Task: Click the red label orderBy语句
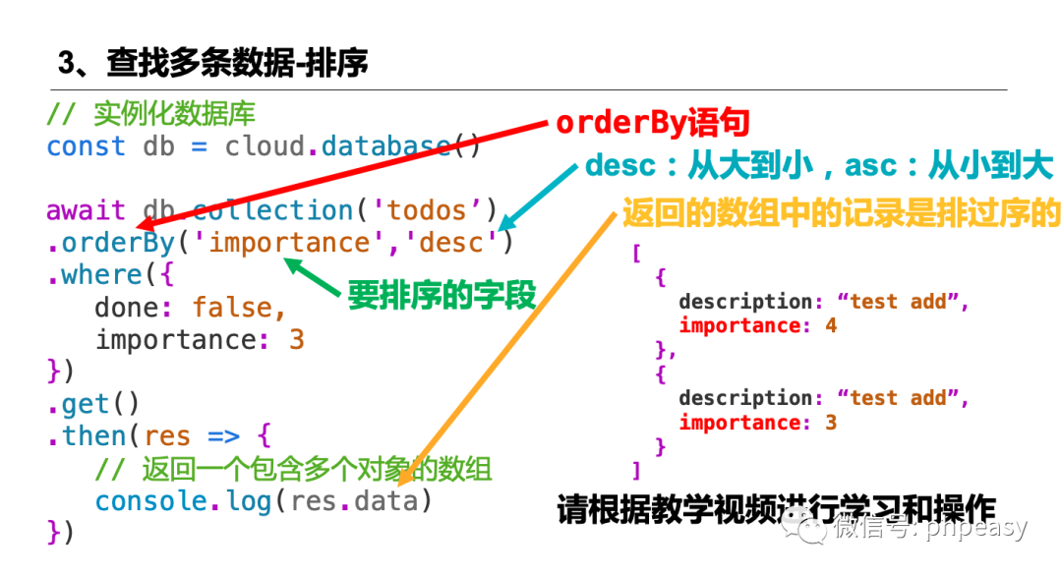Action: pyautogui.click(x=653, y=123)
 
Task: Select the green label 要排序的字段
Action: pyautogui.click(x=442, y=295)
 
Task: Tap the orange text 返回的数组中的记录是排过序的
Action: pyautogui.click(x=841, y=212)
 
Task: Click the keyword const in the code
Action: pyautogui.click(x=86, y=146)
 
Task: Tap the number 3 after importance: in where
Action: pyautogui.click(x=296, y=340)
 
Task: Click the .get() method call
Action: pyautogui.click(x=93, y=404)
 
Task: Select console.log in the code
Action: pyautogui.click(x=182, y=501)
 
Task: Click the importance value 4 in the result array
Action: pyautogui.click(x=831, y=325)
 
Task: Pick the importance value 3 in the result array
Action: pyautogui.click(x=831, y=423)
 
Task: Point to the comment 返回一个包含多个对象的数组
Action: pyautogui.click(x=316, y=469)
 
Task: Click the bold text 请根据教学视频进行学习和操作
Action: pyautogui.click(x=776, y=509)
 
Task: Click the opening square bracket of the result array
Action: pyautogui.click(x=636, y=254)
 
